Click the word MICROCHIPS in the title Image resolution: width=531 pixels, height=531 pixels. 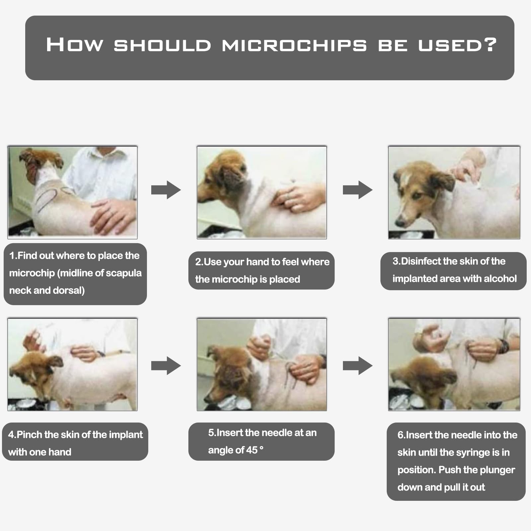click(294, 45)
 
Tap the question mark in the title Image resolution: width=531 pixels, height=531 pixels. click(490, 44)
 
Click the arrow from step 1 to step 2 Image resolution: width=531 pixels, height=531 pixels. click(166, 190)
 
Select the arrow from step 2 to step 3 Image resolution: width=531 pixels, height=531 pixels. click(358, 190)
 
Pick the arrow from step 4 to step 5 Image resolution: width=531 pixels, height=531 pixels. click(166, 366)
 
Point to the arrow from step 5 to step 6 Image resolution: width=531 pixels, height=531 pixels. click(358, 366)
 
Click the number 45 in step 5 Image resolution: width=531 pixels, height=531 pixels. click(252, 450)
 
